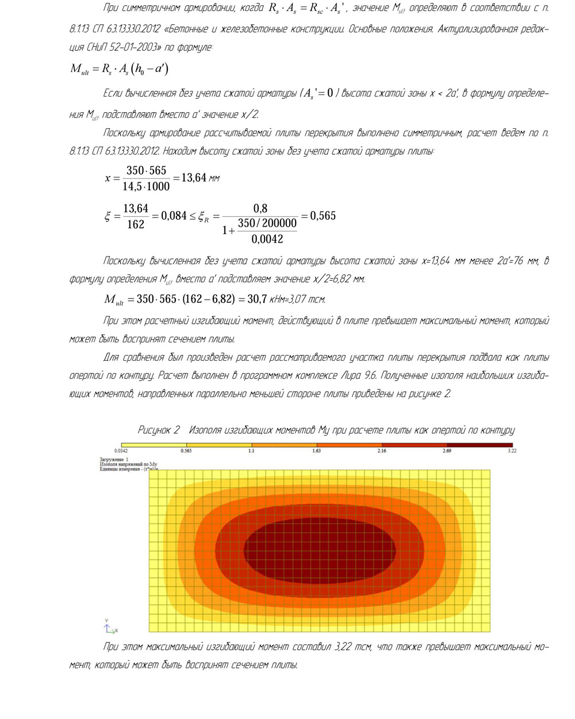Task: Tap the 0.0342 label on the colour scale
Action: pos(121,451)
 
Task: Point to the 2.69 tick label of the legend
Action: pos(446,451)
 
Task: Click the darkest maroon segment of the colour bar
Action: pos(480,445)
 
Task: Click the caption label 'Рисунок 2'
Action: pos(159,430)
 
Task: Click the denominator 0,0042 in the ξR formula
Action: pos(267,239)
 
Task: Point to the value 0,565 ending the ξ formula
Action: pos(323,216)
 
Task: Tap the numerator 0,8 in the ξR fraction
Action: pos(260,208)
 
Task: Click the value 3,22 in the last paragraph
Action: pos(343,647)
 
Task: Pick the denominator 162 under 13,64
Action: pos(136,225)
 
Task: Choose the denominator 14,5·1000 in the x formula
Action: pos(146,186)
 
